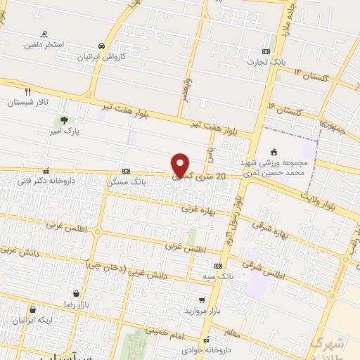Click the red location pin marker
(181, 165)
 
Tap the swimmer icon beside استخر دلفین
(44, 34)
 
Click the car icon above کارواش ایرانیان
(103, 46)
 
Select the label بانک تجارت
(263, 61)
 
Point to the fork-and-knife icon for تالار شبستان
(28, 91)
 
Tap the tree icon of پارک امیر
(64, 120)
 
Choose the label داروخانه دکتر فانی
(46, 181)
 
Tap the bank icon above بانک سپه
(219, 265)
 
